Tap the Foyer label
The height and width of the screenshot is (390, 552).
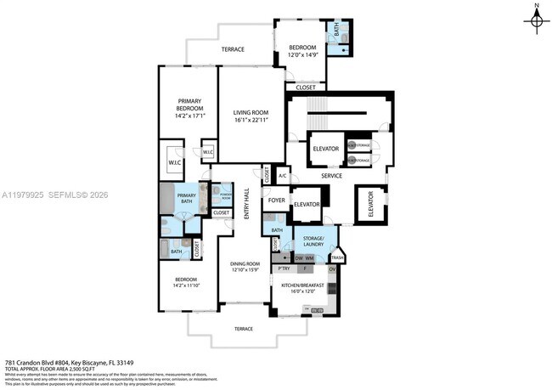[276, 201]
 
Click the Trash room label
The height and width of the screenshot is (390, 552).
[337, 257]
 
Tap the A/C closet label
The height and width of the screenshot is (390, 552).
[282, 176]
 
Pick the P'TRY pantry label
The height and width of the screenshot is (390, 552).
[284, 268]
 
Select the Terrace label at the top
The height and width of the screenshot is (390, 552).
[234, 49]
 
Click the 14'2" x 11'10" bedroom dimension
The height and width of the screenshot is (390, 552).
[186, 287]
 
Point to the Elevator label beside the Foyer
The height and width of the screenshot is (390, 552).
[306, 204]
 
